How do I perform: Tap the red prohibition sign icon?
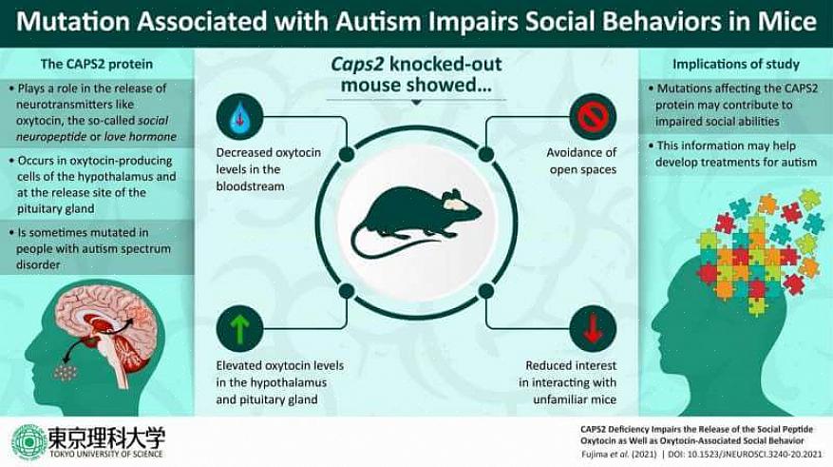point(593,117)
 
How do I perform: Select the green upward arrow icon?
point(239,329)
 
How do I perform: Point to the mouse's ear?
point(454,195)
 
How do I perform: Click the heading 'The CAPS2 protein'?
point(96,64)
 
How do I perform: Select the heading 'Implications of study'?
point(736,64)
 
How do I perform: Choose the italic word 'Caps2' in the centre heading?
point(357,65)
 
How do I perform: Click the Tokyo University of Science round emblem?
point(28,441)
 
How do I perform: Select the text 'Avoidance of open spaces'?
point(581,161)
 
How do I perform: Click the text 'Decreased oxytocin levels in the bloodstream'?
point(268,169)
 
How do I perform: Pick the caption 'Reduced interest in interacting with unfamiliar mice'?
point(567,382)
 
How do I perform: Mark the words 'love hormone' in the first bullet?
point(141,137)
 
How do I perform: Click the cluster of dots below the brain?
point(66,372)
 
